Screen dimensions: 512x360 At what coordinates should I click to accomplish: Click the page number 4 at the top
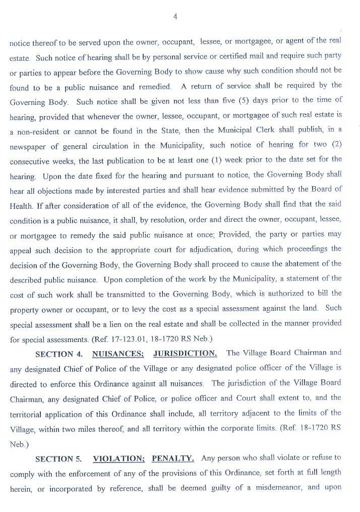[x=175, y=17]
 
